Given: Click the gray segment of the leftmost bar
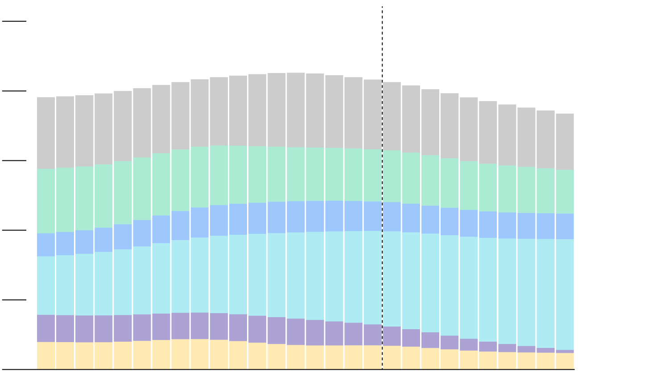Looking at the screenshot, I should (x=46, y=133).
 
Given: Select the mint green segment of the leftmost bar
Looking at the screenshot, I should (x=46, y=201).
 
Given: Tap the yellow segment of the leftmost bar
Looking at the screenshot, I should (x=46, y=355).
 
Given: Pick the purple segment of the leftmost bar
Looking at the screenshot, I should (x=46, y=328).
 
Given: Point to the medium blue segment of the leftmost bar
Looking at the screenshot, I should (x=46, y=245).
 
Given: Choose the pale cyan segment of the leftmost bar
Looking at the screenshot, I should (x=46, y=286).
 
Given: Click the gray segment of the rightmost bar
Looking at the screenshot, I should (x=565, y=142).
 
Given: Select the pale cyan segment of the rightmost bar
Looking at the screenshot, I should (x=565, y=294).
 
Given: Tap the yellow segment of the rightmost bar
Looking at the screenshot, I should (x=565, y=361).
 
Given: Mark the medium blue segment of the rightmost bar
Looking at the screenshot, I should (x=565, y=226).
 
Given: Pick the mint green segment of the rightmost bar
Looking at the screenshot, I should (x=565, y=192).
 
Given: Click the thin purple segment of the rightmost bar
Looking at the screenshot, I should (x=565, y=351).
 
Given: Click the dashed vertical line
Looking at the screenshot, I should (x=382, y=45).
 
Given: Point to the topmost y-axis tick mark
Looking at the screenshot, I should (x=14, y=21).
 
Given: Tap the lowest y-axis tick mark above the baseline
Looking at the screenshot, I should (x=14, y=300).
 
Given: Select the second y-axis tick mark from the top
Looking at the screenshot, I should (x=14, y=91).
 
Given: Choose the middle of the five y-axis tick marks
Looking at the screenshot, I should (x=14, y=160).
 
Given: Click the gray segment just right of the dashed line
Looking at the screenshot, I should (x=392, y=116).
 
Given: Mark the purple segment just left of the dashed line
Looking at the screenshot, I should (x=372, y=335).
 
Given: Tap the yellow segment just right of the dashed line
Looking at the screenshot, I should (x=392, y=357).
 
